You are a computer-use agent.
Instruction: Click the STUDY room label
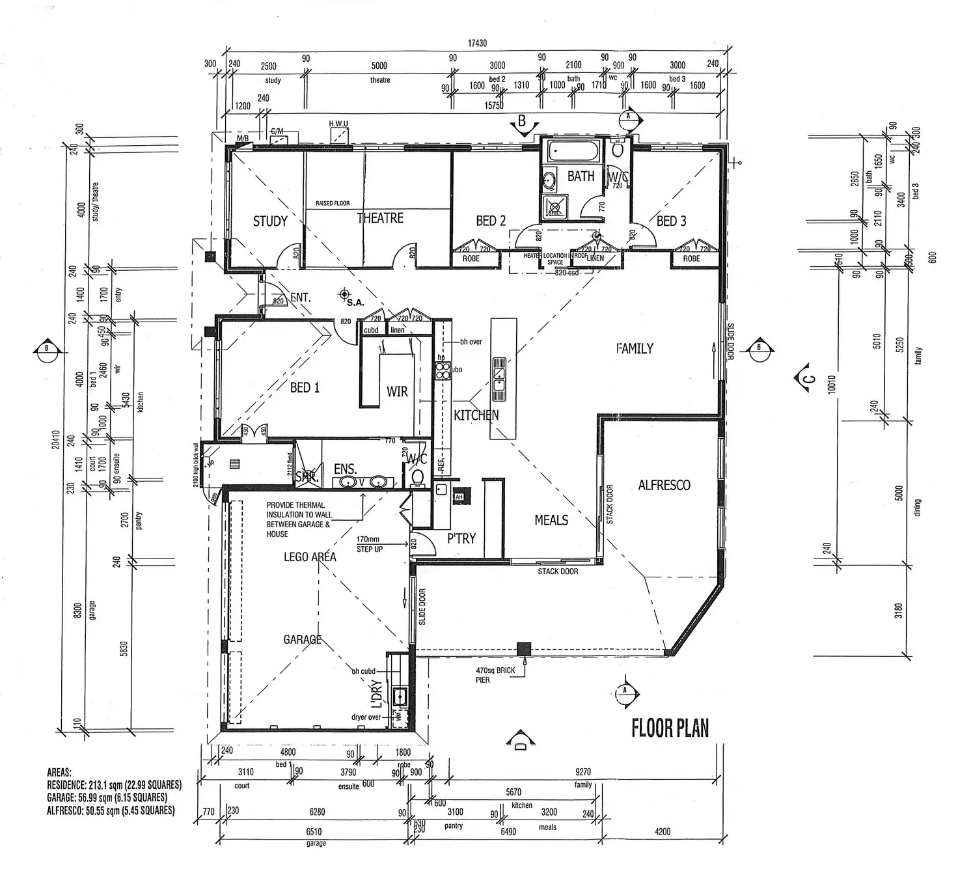(x=270, y=221)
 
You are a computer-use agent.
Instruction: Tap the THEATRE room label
(x=380, y=218)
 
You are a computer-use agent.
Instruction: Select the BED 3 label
(x=671, y=221)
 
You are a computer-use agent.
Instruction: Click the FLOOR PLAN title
(x=670, y=728)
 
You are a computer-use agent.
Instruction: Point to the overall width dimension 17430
(x=477, y=44)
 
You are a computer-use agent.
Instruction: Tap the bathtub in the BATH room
(x=573, y=152)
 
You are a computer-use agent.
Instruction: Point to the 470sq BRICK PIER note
(x=495, y=675)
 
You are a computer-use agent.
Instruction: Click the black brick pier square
(x=523, y=648)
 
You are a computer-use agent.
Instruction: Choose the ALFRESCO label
(x=664, y=485)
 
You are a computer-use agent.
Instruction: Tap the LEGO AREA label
(x=310, y=557)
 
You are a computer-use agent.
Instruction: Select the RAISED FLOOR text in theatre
(x=333, y=203)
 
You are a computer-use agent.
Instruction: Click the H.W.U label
(x=338, y=124)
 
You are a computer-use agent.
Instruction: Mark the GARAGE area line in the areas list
(x=107, y=797)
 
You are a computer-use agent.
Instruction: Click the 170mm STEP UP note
(x=369, y=544)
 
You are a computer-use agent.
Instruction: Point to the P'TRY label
(x=461, y=538)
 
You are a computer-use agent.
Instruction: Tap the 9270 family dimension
(x=582, y=772)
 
